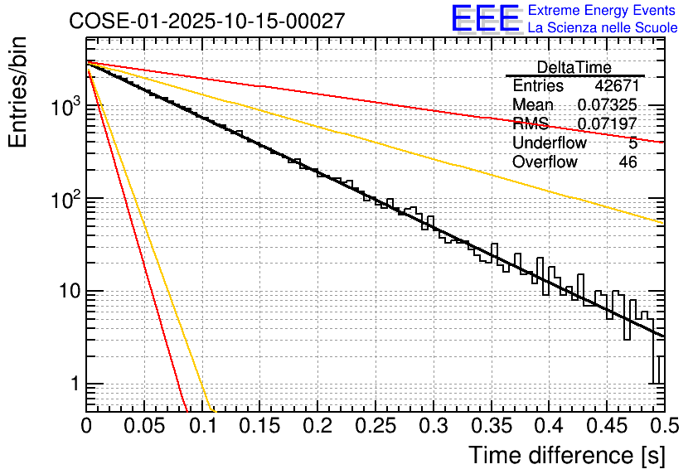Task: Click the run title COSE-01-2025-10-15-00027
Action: coord(206,22)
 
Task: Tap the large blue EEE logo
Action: coord(485,19)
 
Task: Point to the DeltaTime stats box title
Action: coord(574,67)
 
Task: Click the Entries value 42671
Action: coord(616,86)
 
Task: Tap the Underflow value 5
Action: coord(632,143)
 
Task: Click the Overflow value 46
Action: coord(628,162)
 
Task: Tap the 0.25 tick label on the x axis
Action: coord(375,427)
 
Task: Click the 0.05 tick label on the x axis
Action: coord(143,427)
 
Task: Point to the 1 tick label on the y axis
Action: coord(73,385)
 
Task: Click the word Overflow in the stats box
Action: coord(545,162)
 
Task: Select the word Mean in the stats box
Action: coord(533,105)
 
